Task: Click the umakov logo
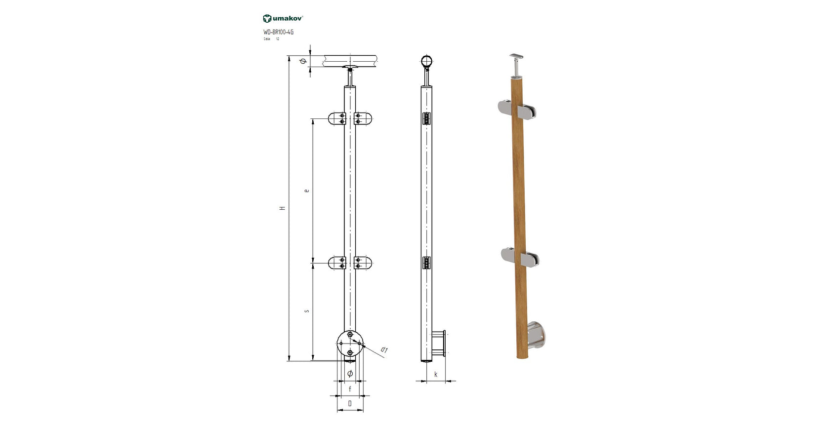point(283,18)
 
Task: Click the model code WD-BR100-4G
point(278,32)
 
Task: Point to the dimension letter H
point(283,208)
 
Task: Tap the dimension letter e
point(307,190)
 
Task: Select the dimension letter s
point(307,311)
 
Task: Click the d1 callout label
point(384,350)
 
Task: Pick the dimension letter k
point(436,374)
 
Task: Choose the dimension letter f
point(350,389)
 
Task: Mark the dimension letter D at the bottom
point(350,403)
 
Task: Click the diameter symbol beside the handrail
point(303,61)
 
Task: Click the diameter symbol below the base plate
point(350,374)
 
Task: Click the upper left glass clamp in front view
point(337,118)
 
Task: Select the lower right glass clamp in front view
point(363,263)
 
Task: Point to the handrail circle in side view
point(427,62)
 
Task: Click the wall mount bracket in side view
point(439,344)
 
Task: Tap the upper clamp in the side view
point(427,118)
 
